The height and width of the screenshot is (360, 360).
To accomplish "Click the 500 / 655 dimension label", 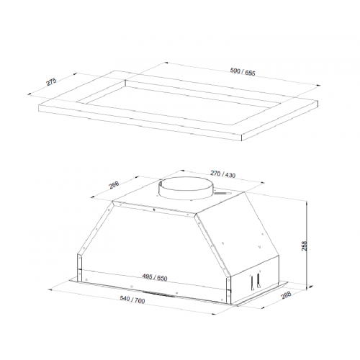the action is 243,72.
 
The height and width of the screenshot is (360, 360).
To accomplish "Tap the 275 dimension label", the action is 51,81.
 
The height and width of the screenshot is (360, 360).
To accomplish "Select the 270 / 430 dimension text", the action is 222,174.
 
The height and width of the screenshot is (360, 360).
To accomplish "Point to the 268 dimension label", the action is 114,185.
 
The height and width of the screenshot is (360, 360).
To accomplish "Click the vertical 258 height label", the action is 304,246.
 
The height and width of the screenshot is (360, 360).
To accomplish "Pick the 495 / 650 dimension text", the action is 155,277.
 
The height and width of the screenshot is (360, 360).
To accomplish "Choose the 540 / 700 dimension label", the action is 132,300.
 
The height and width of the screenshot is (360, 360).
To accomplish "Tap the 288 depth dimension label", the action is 286,295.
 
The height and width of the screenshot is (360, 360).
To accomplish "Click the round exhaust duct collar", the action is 186,189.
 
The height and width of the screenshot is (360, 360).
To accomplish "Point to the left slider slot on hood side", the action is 252,282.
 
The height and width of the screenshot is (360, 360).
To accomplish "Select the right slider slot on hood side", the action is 258,280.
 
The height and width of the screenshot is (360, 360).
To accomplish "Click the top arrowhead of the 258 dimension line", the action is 307,203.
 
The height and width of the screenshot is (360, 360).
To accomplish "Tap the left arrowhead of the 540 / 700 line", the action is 50,289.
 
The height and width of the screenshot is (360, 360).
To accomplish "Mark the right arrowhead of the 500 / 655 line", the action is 318,85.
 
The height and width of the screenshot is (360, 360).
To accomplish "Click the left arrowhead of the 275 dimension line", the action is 30,94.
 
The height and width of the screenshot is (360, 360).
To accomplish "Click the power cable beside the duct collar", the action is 222,193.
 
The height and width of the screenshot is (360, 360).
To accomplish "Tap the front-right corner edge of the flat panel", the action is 241,138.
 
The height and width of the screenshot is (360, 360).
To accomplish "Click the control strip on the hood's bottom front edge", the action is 156,293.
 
